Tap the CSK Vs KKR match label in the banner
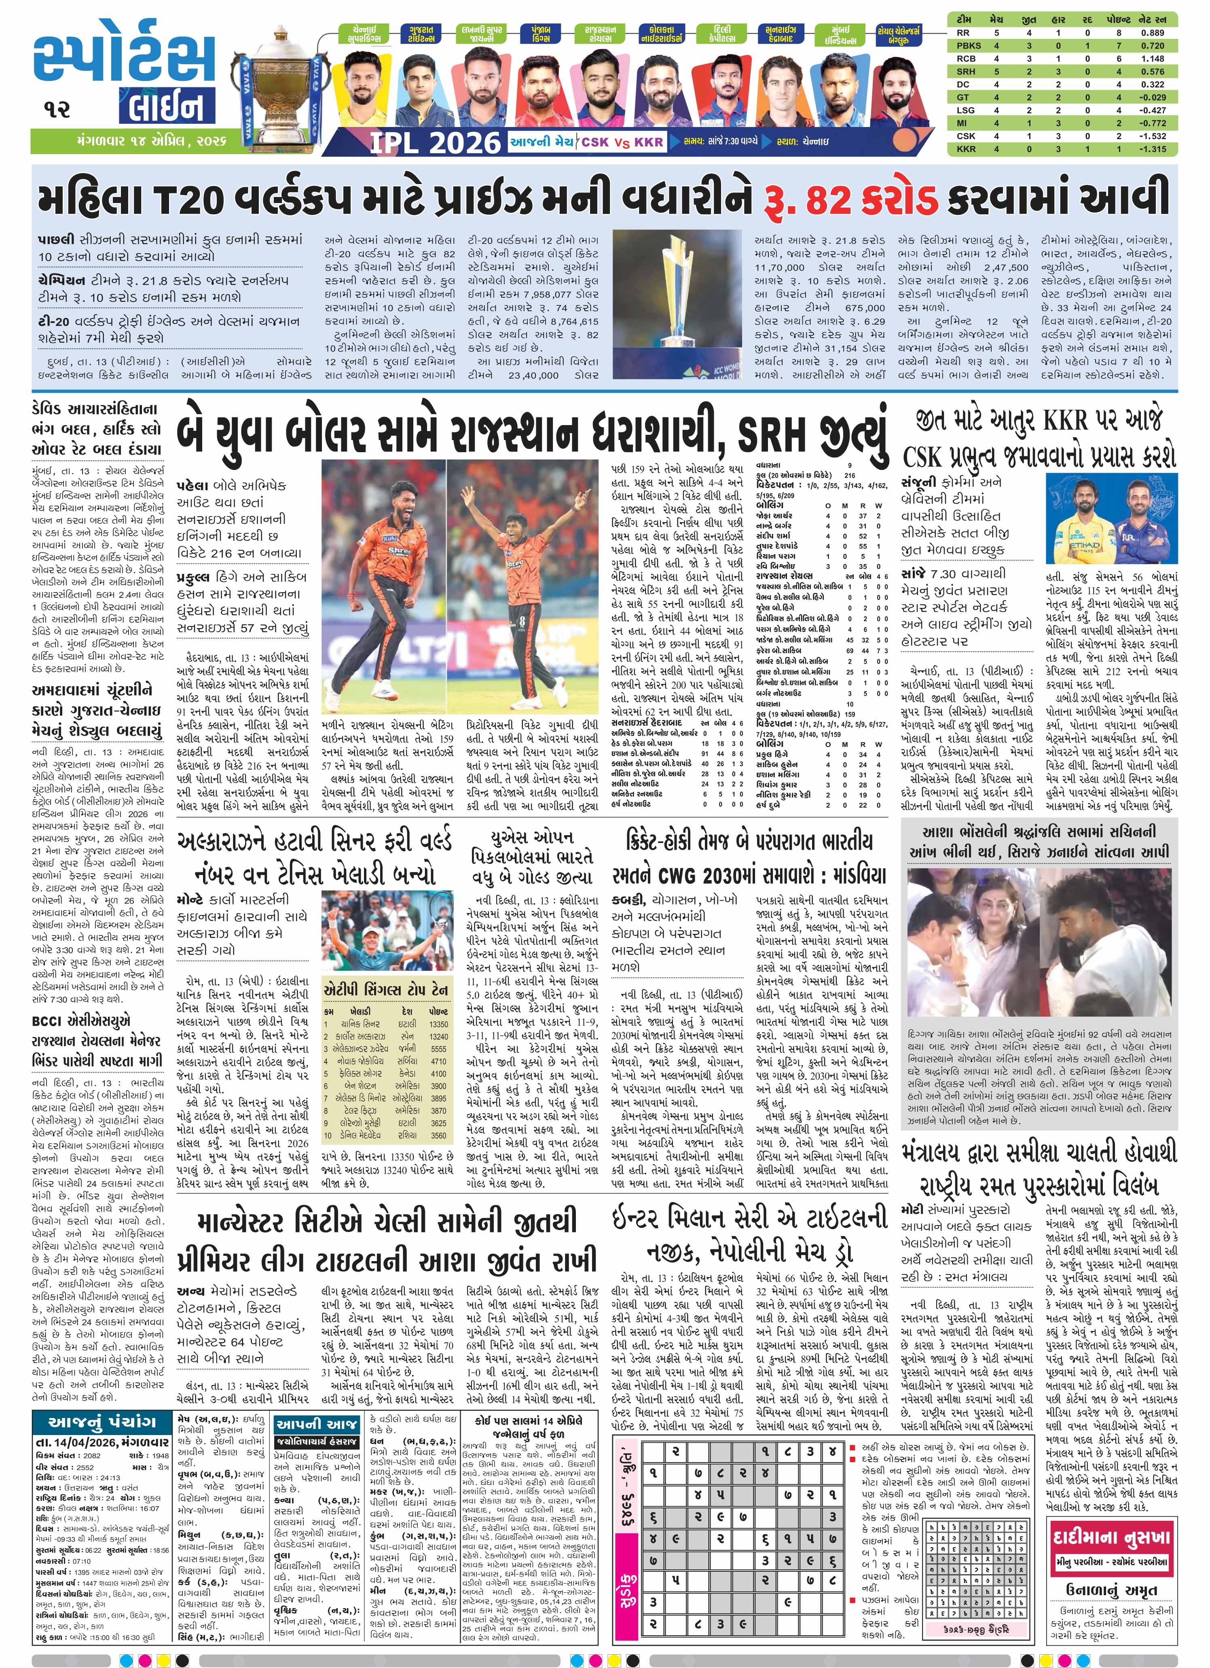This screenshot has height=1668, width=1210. pyautogui.click(x=622, y=142)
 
